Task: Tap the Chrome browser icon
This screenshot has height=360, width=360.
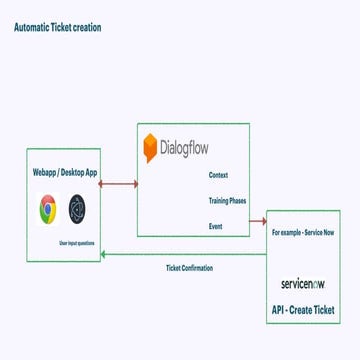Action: click(x=46, y=209)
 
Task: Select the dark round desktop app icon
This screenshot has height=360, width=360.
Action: click(x=78, y=209)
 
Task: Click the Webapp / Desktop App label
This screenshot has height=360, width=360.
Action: click(x=64, y=172)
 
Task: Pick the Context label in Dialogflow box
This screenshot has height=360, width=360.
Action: click(x=218, y=175)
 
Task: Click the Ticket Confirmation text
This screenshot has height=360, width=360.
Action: click(x=189, y=267)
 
